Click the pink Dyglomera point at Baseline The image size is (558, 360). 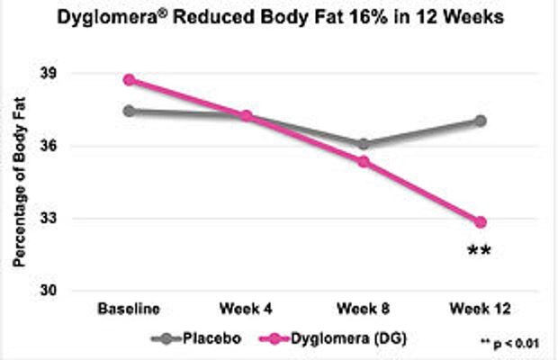(x=130, y=79)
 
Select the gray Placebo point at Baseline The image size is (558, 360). (x=130, y=111)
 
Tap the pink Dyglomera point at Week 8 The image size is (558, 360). (x=364, y=161)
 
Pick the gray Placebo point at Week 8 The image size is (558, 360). (x=364, y=143)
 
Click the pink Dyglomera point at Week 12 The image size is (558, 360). (x=481, y=221)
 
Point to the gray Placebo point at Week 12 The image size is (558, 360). (x=481, y=120)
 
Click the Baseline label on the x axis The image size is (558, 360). (x=130, y=309)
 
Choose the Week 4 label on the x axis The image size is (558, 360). (x=246, y=309)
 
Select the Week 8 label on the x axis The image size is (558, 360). (x=364, y=309)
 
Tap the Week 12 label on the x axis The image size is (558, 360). (x=481, y=309)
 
